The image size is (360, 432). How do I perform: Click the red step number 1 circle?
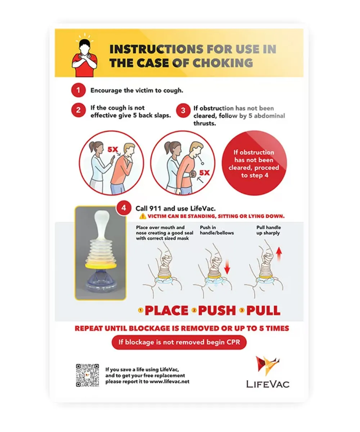78,90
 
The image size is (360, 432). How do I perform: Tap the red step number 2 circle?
78,110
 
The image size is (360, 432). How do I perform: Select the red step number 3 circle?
183,111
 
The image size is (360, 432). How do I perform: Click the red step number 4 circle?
124,208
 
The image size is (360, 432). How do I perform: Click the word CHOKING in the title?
223,63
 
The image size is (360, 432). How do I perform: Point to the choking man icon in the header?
84,55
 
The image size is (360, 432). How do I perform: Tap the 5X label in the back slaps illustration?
113,149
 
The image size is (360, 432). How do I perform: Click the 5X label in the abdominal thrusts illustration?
204,173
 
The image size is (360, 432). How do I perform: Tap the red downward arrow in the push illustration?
227,267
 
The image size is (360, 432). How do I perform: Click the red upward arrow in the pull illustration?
279,254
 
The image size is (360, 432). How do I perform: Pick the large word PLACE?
167,310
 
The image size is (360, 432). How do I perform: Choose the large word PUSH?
217,310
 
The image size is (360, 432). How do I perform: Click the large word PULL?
263,310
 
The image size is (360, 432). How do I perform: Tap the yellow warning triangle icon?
143,216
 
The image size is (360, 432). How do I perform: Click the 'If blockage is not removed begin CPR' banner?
179,342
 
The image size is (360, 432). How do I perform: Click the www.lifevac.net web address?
170,382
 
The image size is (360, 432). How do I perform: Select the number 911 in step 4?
155,208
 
